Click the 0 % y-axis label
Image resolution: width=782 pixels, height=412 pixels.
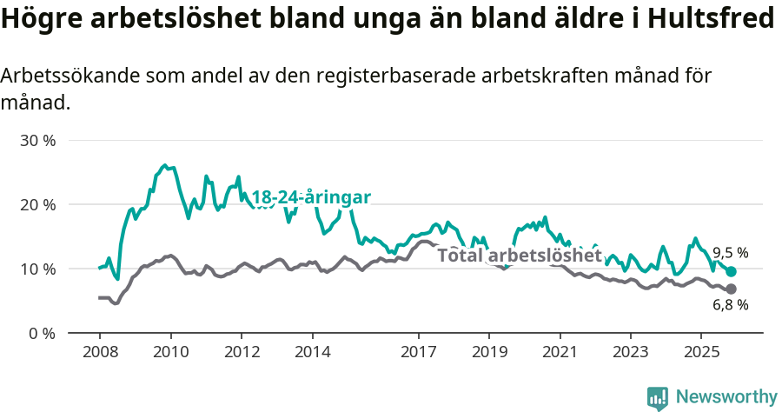pyautogui.click(x=43, y=333)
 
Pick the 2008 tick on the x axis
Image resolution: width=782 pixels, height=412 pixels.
pyautogui.click(x=100, y=352)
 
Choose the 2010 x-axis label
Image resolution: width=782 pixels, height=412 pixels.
pyautogui.click(x=170, y=352)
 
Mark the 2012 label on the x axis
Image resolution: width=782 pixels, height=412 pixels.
pyautogui.click(x=242, y=352)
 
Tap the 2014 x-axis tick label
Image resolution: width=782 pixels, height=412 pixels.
pyautogui.click(x=312, y=352)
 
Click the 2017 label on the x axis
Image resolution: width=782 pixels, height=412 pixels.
pyautogui.click(x=419, y=352)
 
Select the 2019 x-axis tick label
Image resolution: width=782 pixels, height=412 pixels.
pyautogui.click(x=489, y=352)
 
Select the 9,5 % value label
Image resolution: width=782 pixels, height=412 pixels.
pyautogui.click(x=730, y=253)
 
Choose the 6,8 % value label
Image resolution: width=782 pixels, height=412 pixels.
pyautogui.click(x=730, y=305)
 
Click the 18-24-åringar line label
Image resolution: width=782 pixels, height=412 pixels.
pyautogui.click(x=311, y=197)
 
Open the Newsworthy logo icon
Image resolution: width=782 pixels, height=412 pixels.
pyautogui.click(x=658, y=397)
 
